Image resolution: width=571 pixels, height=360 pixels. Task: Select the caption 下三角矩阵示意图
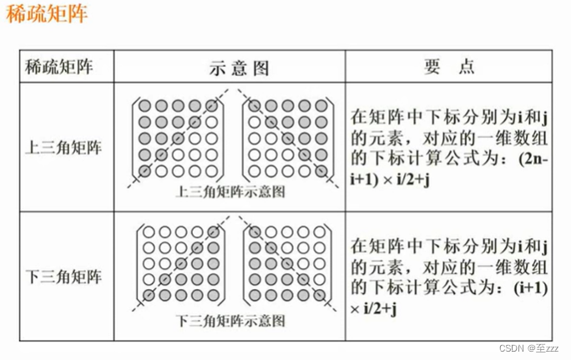tap(230, 321)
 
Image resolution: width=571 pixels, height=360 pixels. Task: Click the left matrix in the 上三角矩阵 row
tap(175, 139)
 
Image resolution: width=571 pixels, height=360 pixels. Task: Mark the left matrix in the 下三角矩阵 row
tap(175, 264)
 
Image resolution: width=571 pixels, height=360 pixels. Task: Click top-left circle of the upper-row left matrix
tap(144, 106)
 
